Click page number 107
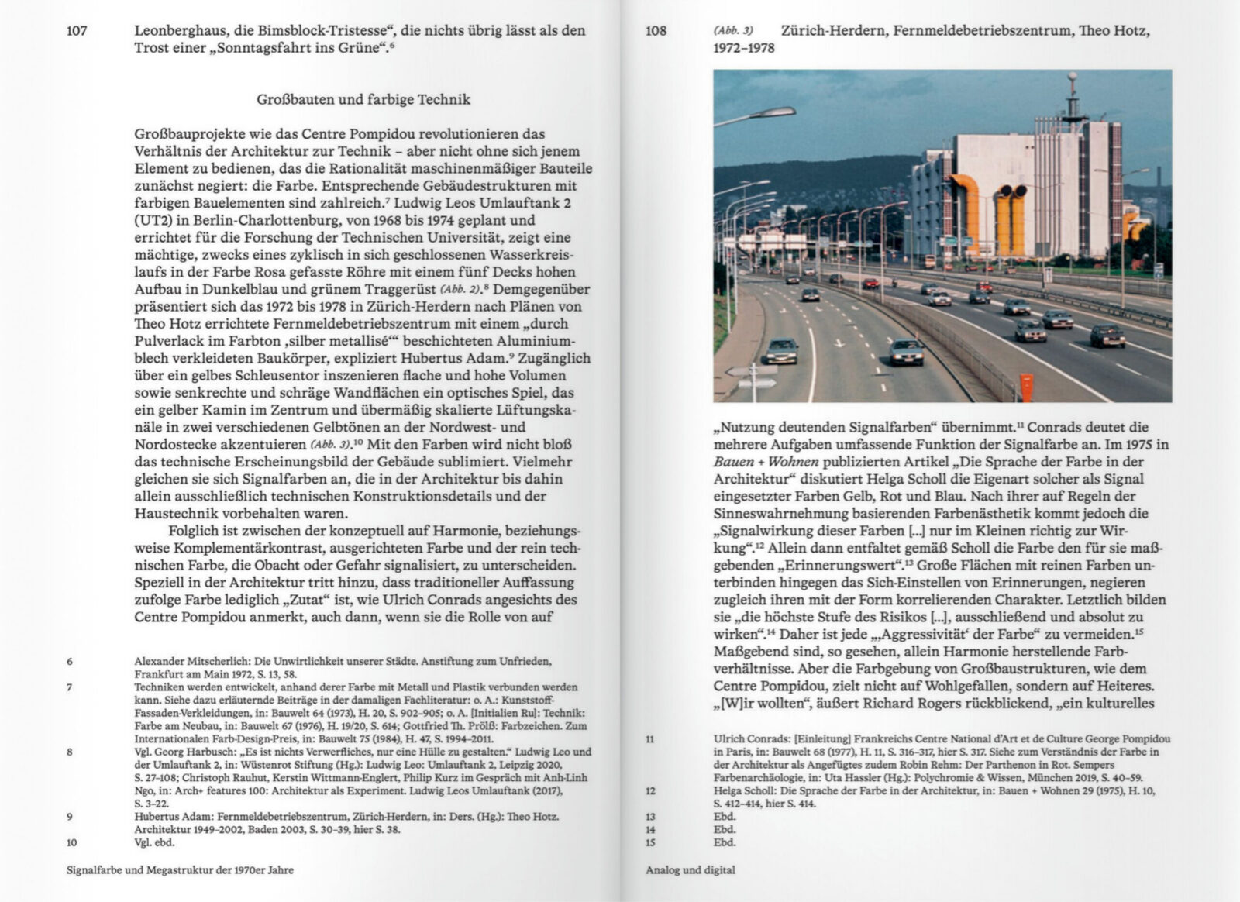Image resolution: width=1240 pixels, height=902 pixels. [77, 32]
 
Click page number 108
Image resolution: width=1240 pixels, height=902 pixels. [656, 32]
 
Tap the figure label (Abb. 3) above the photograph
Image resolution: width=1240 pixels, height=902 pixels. [732, 32]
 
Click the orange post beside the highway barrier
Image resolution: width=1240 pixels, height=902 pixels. [1027, 387]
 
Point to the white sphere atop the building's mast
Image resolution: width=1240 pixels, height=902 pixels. [1073, 77]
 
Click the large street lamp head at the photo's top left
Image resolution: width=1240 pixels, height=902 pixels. [772, 113]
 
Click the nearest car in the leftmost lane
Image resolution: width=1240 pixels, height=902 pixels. [781, 351]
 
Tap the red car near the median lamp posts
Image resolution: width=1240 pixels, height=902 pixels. [870, 284]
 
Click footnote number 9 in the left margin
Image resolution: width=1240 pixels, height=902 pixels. [70, 816]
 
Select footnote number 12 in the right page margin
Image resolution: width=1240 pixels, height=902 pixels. [649, 790]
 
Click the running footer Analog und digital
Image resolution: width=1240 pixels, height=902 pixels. [690, 869]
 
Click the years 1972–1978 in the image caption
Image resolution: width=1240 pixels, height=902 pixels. [743, 48]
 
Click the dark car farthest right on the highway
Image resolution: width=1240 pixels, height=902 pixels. [1107, 336]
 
